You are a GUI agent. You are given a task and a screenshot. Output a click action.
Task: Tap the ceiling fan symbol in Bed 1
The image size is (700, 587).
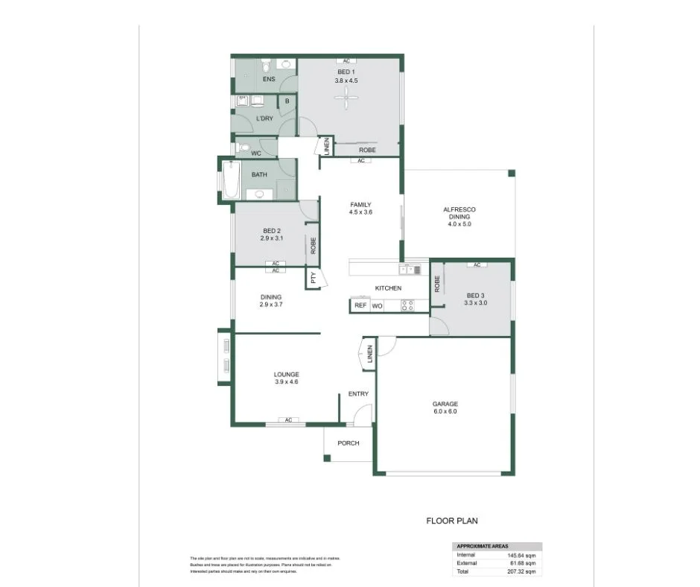pos(347,100)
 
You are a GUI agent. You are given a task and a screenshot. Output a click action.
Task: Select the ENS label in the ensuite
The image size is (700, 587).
pos(269,79)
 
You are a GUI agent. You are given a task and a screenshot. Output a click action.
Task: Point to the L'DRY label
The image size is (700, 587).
pos(264,118)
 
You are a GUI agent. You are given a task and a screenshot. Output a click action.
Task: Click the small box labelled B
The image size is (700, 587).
pos(287,101)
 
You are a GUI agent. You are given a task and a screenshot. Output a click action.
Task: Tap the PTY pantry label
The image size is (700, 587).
pos(314,279)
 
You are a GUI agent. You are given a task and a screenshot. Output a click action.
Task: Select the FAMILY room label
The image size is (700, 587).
pos(361,205)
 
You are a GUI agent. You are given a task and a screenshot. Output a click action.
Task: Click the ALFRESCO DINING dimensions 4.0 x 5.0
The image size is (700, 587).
pos(459,223)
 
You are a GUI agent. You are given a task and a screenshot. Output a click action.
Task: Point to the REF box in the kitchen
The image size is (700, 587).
pos(360,305)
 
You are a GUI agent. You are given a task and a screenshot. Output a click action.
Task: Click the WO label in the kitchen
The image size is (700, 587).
pos(377,305)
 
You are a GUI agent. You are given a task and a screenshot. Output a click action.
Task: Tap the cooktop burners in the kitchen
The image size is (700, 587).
pos(408,305)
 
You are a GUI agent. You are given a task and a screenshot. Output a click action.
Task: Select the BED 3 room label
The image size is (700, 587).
pos(476,295)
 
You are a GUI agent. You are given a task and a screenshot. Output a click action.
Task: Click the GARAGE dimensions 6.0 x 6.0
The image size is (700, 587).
pos(445,412)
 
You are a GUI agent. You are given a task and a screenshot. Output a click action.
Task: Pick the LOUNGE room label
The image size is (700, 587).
pos(286,374)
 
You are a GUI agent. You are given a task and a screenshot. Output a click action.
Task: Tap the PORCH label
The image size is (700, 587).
pos(349,443)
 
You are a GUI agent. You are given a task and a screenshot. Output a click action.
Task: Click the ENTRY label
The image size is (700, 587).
pos(358,394)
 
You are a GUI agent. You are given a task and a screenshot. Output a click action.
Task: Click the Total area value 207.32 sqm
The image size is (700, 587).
pos(521,571)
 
